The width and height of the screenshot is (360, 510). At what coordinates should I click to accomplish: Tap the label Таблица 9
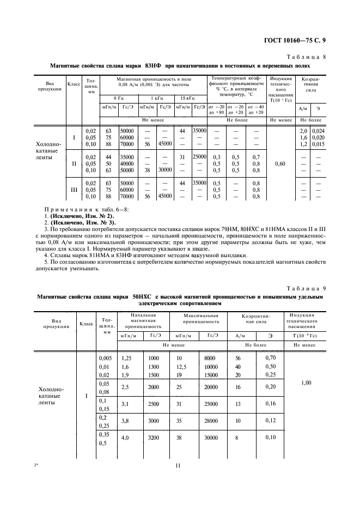pyautogui.click(x=307, y=288)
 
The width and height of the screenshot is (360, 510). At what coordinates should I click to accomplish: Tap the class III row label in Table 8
pyautogui.click(x=74, y=190)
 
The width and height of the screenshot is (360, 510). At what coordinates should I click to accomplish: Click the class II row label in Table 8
pyautogui.click(x=74, y=162)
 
